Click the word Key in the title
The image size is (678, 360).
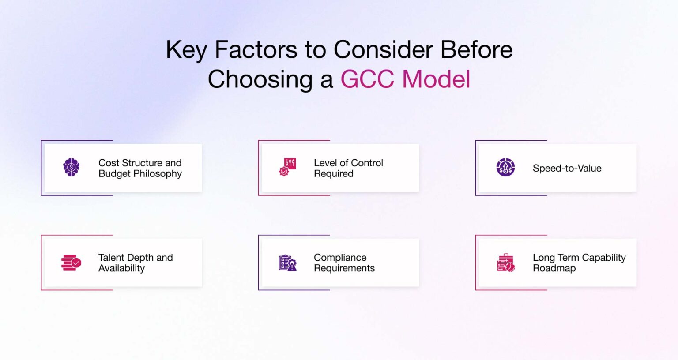coord(186,50)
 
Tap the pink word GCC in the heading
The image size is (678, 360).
coord(367,79)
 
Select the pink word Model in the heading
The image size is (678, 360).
coord(436,79)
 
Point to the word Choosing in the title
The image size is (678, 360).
coord(260,80)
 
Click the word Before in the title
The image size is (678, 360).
coord(476,49)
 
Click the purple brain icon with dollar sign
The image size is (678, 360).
coord(72,167)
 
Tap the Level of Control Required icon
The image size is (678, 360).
coord(287,167)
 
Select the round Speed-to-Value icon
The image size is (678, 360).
coord(505,167)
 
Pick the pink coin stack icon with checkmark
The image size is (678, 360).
coord(71,262)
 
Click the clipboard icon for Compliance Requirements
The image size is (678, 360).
coord(288,263)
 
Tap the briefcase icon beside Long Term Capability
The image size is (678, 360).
coord(506,262)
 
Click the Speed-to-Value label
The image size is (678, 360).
coord(567,168)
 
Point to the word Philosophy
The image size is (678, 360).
coord(157,174)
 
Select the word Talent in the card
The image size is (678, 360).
coord(111,258)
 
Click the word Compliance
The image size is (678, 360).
coord(340,258)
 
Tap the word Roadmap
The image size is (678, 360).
coord(554,268)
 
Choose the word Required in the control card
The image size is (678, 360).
coord(334,174)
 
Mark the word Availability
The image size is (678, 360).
coord(122,268)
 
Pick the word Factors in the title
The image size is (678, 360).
coord(256,49)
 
